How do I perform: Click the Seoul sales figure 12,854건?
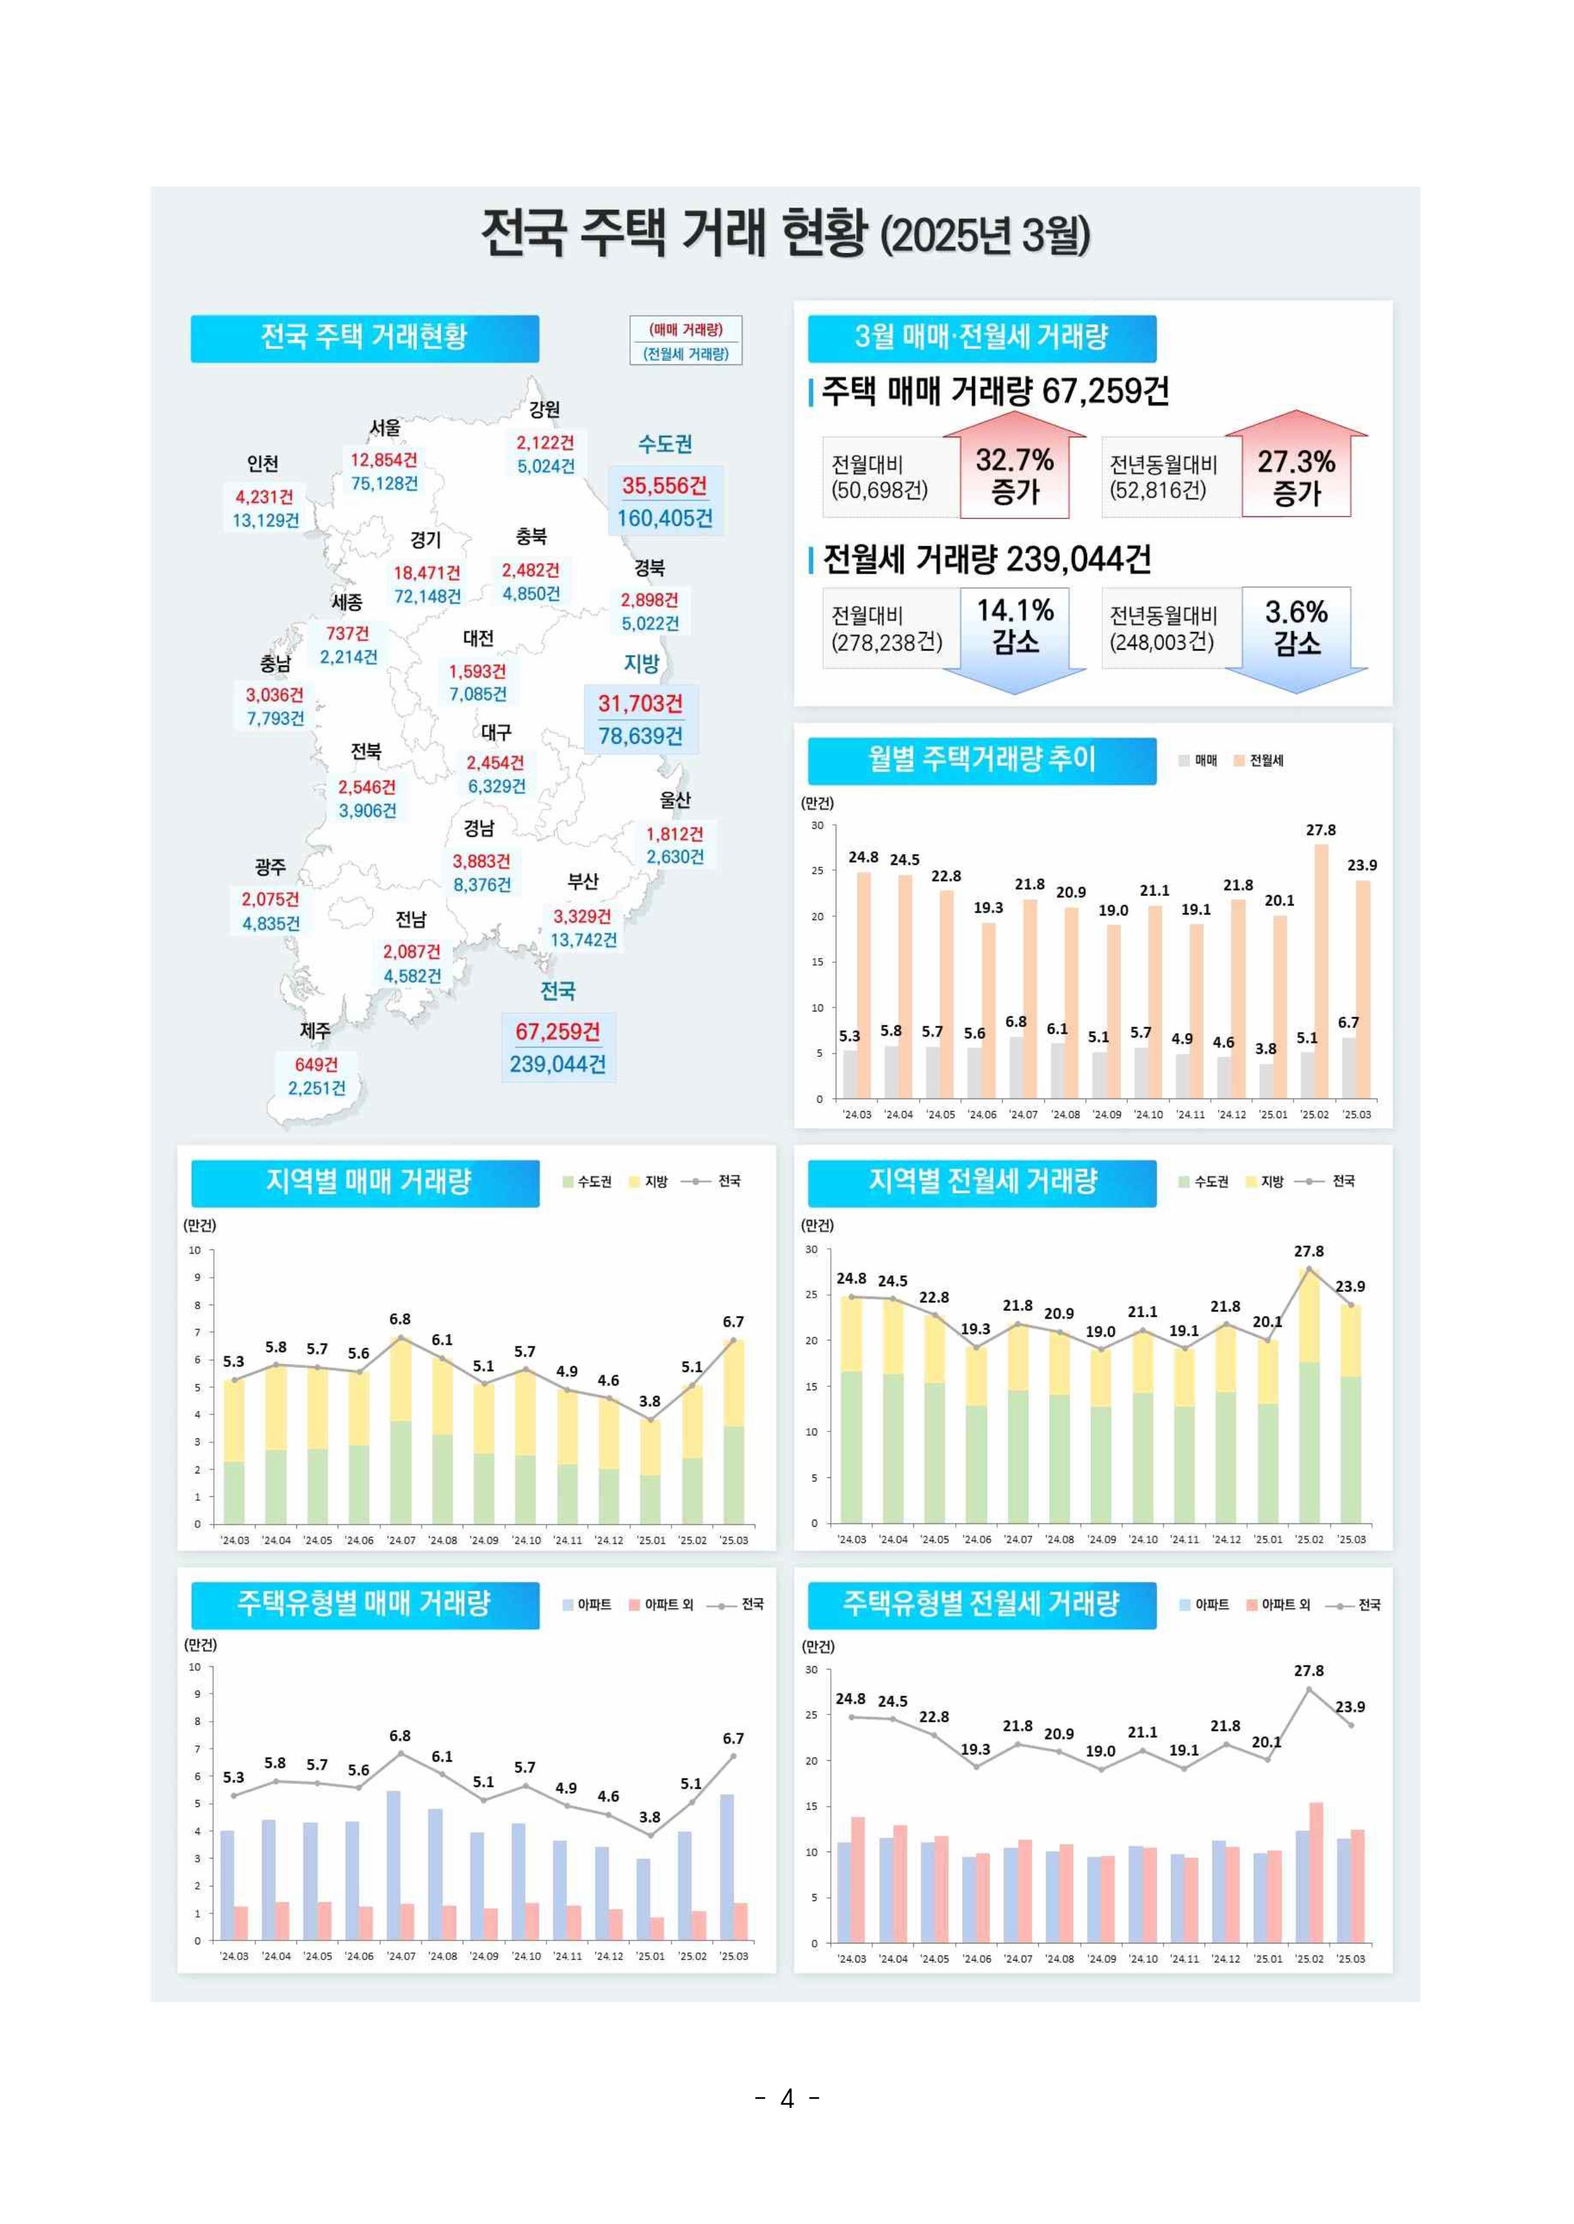pos(384,459)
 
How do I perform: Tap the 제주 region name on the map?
pos(315,1030)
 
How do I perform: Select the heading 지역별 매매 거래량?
pos(367,1181)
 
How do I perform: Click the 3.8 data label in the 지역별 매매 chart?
pos(649,1401)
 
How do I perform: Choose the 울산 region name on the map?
pos(675,799)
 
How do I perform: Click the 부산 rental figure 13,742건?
pos(583,940)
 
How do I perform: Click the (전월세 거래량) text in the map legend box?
pos(685,353)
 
